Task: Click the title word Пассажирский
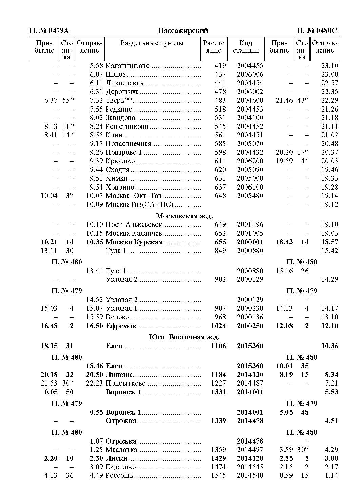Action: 183,31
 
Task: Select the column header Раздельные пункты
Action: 152,43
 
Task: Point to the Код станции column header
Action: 246,47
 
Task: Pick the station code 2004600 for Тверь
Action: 250,100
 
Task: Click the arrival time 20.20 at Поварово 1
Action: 284,152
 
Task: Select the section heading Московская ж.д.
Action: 184,216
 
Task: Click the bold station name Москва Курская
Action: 134,242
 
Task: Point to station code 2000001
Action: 250,242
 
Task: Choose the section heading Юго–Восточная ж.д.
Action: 184,337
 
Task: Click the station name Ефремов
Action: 121,326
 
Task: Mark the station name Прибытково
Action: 126,383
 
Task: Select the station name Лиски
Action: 117,458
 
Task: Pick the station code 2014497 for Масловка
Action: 250,450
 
